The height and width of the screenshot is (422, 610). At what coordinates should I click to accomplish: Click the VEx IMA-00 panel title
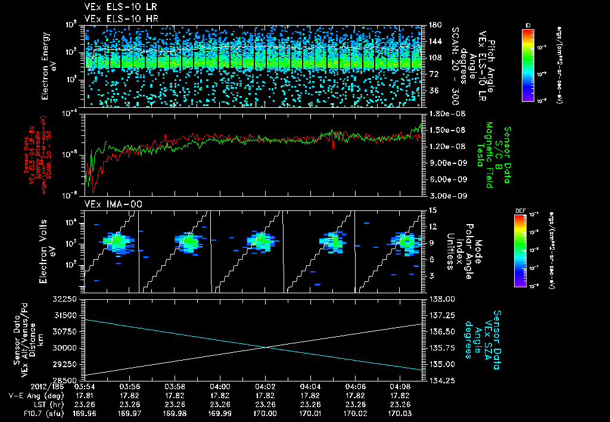[x=110, y=204]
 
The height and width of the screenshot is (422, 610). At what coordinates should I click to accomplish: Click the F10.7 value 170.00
[x=265, y=412]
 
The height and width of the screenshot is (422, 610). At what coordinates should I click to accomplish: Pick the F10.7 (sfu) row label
[x=24, y=412]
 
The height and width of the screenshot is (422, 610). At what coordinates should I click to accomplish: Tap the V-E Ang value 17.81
[x=85, y=395]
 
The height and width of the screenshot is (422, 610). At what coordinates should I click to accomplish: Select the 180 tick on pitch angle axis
[x=434, y=25]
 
